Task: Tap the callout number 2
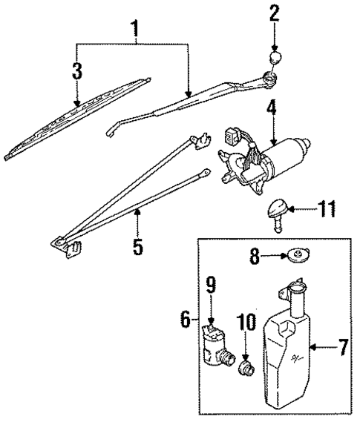pyautogui.click(x=275, y=13)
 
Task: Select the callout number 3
pyautogui.click(x=77, y=72)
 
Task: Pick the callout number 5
pyautogui.click(x=137, y=244)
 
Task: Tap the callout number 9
pyautogui.click(x=211, y=283)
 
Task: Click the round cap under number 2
pyautogui.click(x=275, y=59)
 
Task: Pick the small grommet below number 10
pyautogui.click(x=244, y=366)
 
